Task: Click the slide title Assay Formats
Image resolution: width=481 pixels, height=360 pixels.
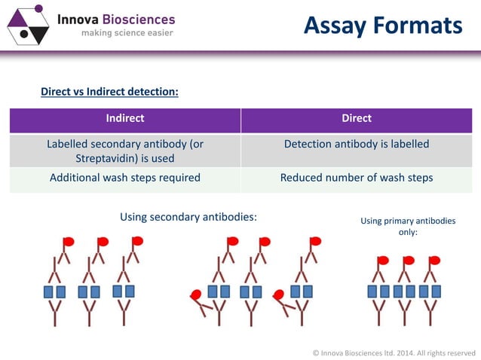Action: [382, 26]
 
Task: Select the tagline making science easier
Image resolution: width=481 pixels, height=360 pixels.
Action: [127, 33]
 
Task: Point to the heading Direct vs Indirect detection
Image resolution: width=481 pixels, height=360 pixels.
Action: [109, 92]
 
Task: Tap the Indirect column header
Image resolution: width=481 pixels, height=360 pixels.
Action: [125, 118]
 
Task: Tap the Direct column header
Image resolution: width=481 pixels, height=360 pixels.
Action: [357, 118]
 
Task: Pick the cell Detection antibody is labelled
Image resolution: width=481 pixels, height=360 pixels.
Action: [357, 144]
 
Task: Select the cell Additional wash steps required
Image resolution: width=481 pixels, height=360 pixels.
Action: [125, 178]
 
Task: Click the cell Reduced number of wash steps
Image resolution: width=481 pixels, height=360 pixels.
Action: [357, 178]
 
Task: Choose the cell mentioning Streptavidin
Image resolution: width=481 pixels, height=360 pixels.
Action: [125, 151]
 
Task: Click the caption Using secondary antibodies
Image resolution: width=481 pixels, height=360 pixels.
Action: [188, 217]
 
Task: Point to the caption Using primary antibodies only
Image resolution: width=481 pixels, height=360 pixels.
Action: [408, 226]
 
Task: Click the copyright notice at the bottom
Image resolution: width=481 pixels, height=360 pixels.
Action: [394, 352]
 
